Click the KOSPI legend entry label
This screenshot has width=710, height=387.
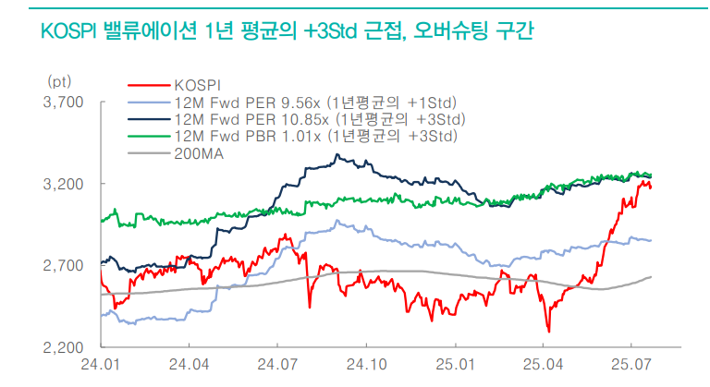coord(195,86)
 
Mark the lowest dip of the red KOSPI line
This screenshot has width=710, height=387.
coord(548,331)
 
